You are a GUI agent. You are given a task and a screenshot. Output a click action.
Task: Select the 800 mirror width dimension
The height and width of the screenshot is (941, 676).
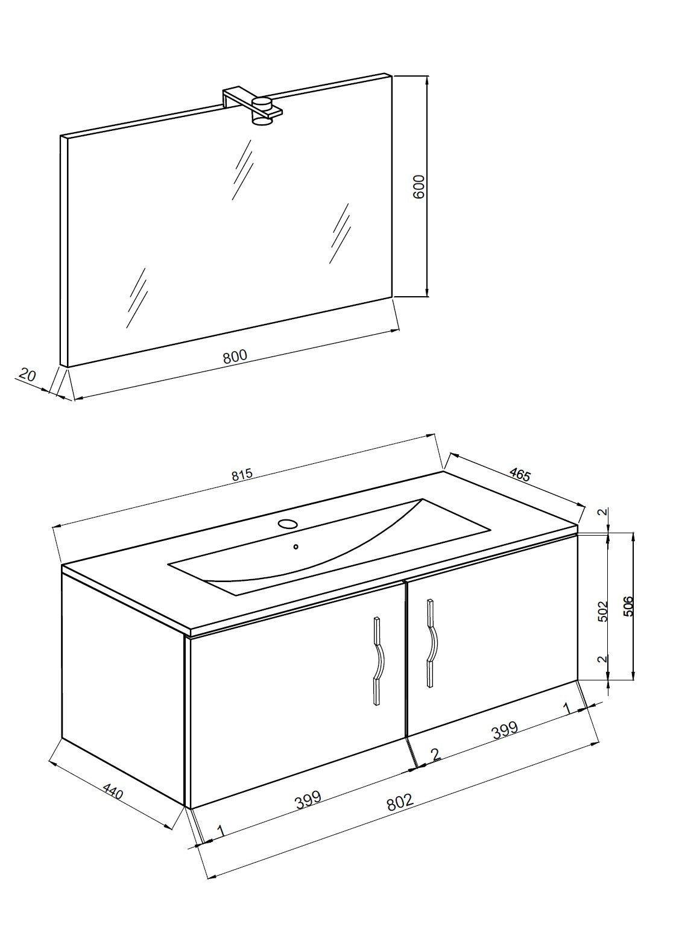(235, 356)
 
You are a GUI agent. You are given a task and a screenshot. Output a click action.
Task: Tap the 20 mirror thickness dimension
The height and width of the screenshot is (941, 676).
(27, 375)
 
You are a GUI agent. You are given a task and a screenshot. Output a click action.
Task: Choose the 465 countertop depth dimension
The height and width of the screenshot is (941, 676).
(519, 474)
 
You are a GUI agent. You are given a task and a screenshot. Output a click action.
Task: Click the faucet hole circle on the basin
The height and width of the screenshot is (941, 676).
(288, 524)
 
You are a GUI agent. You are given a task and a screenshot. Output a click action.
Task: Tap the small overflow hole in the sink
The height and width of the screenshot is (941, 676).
(295, 547)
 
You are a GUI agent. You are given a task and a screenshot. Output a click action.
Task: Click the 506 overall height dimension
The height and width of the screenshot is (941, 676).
(628, 606)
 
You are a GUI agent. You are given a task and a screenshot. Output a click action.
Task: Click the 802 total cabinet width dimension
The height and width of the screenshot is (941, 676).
(399, 803)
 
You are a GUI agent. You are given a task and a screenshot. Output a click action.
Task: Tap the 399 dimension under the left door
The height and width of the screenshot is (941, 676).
(308, 800)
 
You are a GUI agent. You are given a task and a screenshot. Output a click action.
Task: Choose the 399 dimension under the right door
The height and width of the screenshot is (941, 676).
(504, 730)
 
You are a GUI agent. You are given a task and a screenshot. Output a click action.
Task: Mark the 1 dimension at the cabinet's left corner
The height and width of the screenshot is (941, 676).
(220, 831)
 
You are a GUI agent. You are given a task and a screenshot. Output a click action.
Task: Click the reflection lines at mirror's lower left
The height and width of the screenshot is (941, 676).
(137, 297)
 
